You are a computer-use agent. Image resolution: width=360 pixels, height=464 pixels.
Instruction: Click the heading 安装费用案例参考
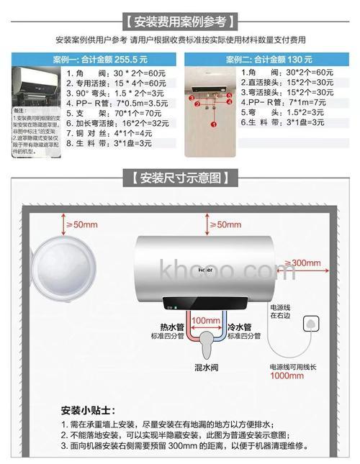click(x=180, y=20)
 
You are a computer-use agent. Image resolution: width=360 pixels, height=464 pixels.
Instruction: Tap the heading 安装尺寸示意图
click(x=180, y=178)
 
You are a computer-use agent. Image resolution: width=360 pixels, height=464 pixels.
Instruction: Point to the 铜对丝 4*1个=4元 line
click(x=120, y=134)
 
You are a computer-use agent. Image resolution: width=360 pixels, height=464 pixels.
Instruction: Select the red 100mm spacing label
click(x=206, y=320)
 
